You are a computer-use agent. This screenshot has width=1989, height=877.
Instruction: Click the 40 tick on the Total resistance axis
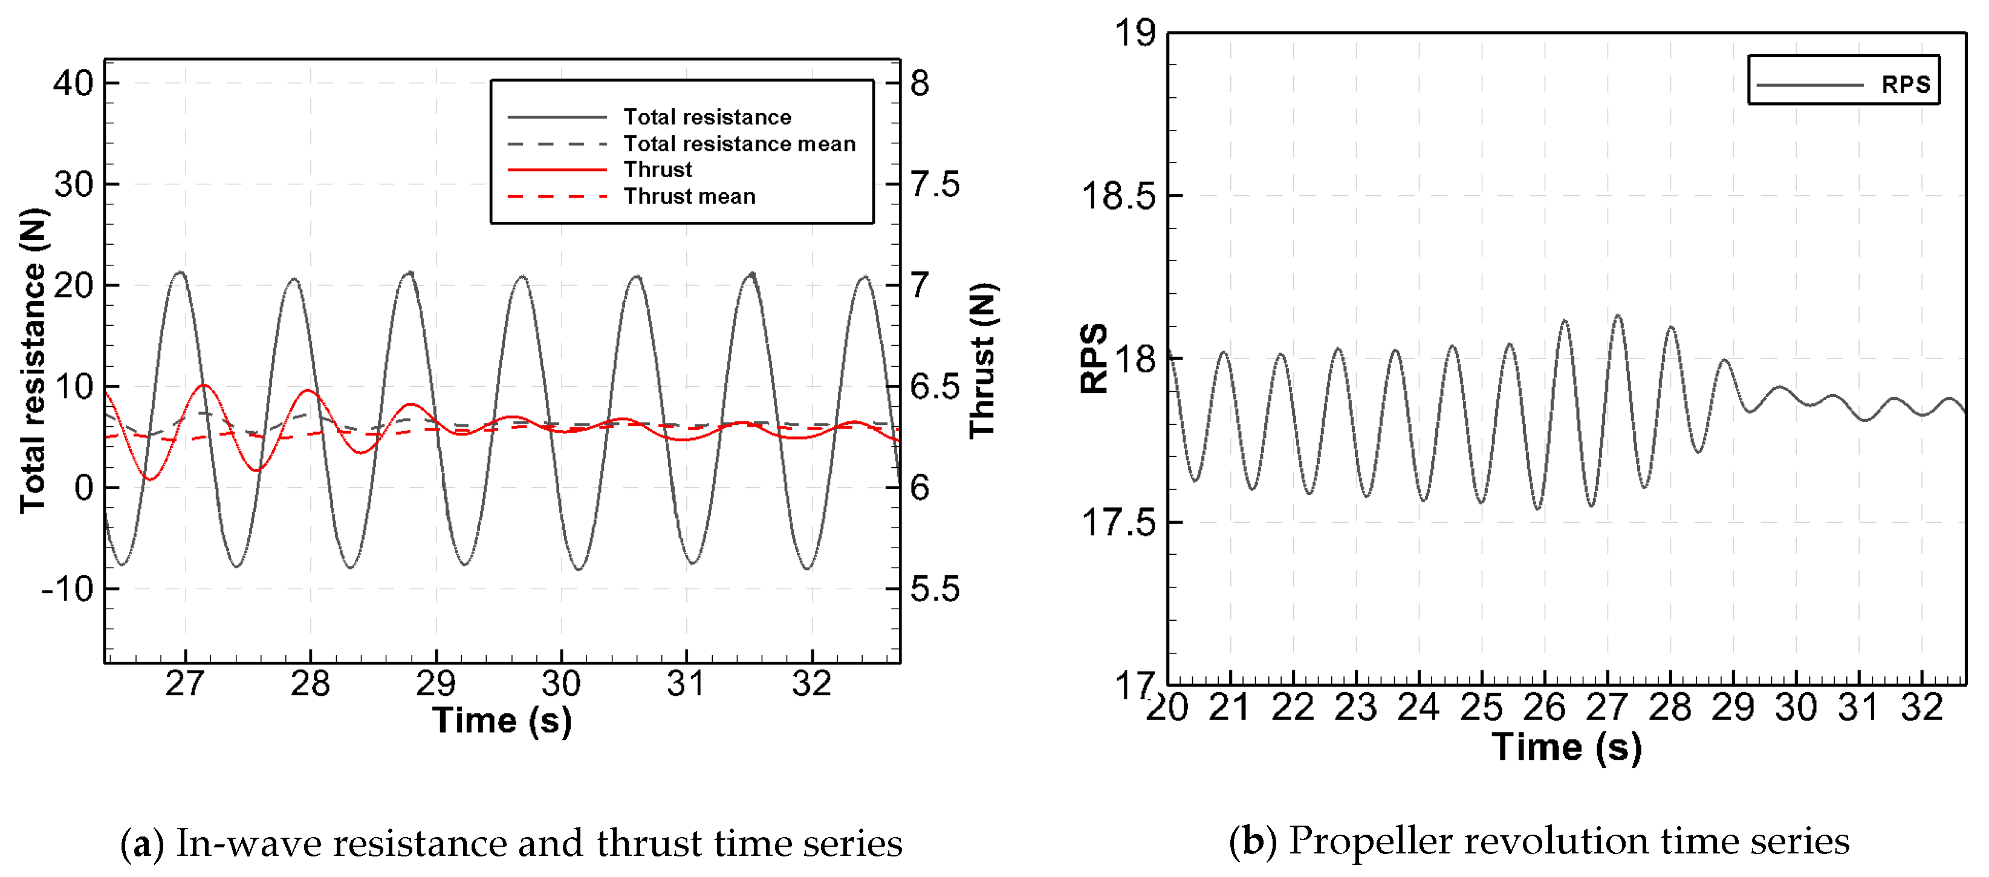click(73, 83)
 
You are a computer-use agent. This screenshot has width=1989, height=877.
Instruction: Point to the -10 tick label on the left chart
click(67, 589)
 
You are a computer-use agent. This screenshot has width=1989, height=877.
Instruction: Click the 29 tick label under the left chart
click(436, 684)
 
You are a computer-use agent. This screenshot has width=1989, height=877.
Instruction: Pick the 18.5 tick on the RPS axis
click(1118, 195)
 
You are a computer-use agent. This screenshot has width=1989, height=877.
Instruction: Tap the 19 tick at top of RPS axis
click(1134, 33)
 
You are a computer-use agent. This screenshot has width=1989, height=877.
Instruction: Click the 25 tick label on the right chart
click(1481, 707)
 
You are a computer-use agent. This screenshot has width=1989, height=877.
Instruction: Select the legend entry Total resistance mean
click(739, 144)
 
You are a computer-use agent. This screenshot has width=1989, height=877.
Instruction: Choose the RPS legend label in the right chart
click(1905, 84)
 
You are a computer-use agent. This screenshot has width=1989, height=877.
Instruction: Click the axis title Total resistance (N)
click(33, 360)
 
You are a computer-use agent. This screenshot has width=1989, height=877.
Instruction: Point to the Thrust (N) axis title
click(983, 360)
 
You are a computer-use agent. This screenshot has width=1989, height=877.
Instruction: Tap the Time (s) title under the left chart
click(502, 720)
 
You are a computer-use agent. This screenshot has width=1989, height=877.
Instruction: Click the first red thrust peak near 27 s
click(204, 384)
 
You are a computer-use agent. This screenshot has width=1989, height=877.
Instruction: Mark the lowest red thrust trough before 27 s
click(150, 479)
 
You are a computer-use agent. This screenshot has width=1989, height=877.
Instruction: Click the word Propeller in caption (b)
click(1370, 841)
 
